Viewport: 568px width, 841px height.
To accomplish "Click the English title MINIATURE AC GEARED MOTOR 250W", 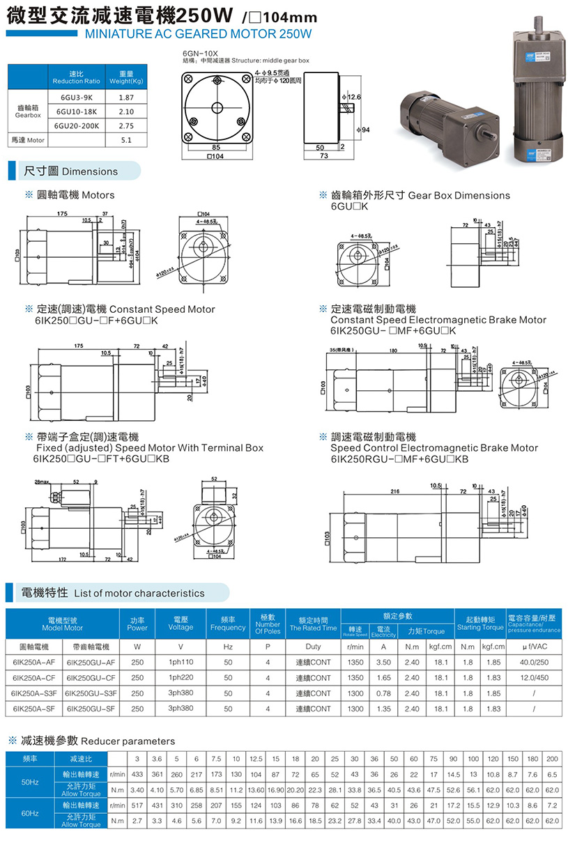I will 197,33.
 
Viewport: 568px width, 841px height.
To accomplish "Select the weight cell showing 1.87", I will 126,98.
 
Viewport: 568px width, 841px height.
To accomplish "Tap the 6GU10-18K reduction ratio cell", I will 77,111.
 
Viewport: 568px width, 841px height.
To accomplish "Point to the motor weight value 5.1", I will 126,140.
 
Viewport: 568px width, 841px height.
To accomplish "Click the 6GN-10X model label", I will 200,53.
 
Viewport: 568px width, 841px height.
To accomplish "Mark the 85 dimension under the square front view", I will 217,148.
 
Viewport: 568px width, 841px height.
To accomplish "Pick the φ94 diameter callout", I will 362,130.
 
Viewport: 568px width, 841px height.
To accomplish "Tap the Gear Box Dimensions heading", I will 420,196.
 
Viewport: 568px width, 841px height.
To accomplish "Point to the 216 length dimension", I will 395,491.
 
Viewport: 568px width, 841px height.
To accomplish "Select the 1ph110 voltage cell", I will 181,662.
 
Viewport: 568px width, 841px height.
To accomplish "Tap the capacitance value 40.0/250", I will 534,662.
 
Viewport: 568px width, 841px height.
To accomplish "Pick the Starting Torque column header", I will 479,623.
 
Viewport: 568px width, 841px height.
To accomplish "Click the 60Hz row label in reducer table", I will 30,813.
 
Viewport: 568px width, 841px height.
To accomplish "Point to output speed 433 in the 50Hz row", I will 137,774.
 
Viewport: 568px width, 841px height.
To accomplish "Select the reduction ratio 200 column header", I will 552,758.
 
